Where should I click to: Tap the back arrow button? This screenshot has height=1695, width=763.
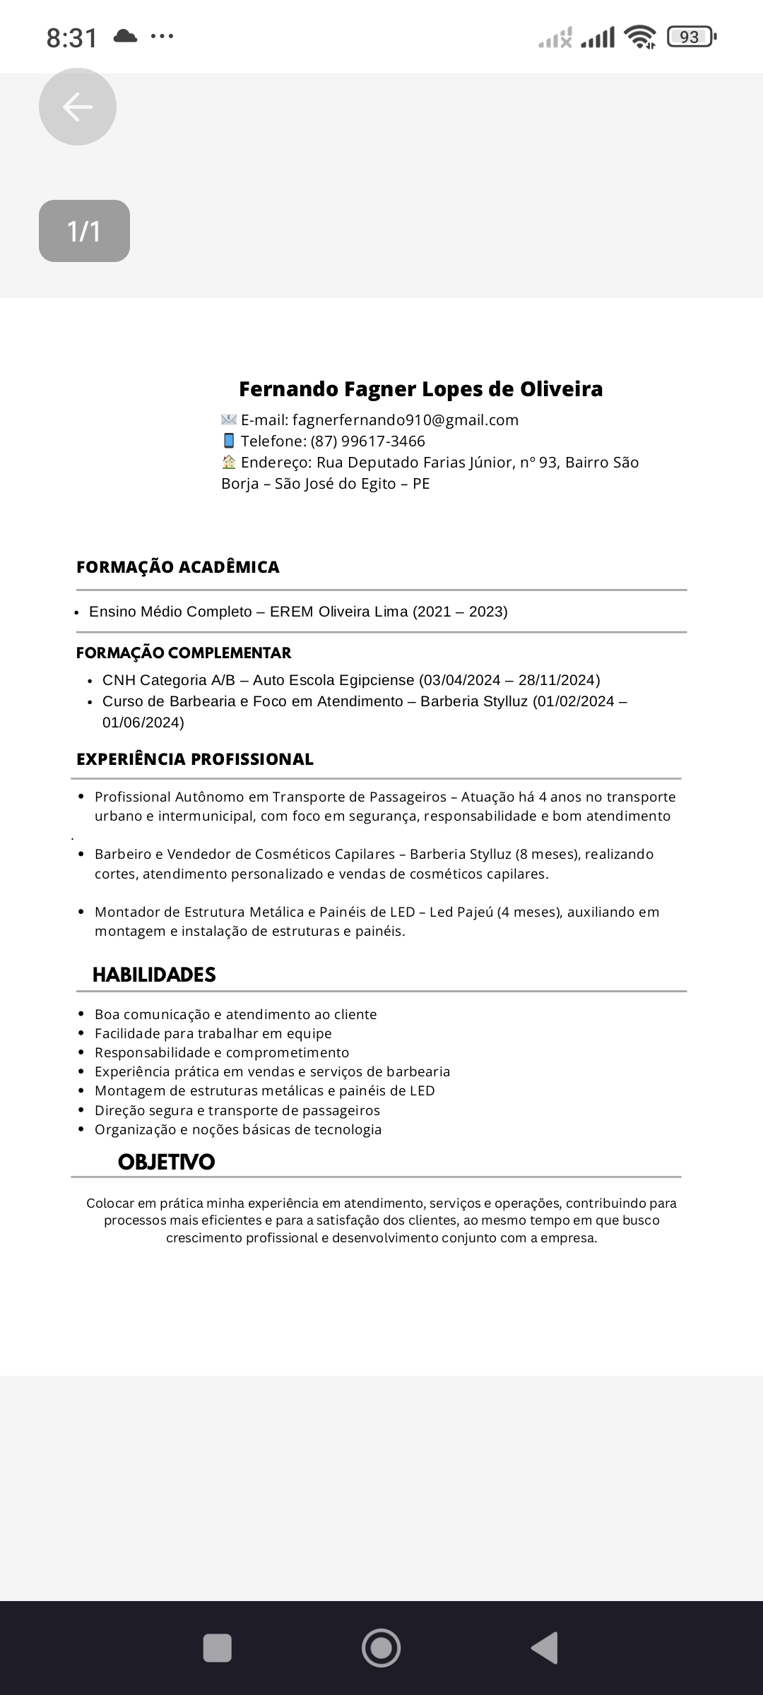point(78,107)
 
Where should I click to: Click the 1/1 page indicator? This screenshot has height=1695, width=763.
point(84,231)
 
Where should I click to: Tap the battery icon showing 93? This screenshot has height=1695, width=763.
point(690,37)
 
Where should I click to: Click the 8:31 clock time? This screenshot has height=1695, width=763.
point(72,37)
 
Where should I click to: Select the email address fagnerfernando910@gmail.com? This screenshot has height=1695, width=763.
point(406,420)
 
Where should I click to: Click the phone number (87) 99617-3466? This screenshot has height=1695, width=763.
point(368,441)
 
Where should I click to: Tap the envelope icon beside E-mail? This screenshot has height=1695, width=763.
point(229,420)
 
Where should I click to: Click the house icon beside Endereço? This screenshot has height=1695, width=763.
point(229,463)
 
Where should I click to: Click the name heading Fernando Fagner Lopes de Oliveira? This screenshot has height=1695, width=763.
point(420,389)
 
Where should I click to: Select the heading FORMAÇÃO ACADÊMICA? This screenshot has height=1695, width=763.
point(178,567)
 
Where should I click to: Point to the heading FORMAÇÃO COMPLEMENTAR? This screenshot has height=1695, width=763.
point(184,653)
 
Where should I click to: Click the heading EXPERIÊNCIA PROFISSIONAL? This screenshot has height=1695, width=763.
point(195,759)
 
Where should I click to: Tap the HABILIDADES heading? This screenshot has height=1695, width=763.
point(154,975)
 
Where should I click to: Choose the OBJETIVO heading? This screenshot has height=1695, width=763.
point(166,1162)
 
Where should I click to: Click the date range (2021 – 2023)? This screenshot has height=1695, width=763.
point(460,612)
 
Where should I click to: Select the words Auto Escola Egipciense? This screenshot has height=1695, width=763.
point(333,680)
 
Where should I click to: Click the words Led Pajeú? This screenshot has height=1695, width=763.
point(461,912)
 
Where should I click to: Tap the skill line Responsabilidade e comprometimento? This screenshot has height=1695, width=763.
point(222,1052)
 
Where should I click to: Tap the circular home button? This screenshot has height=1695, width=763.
point(381,1648)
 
